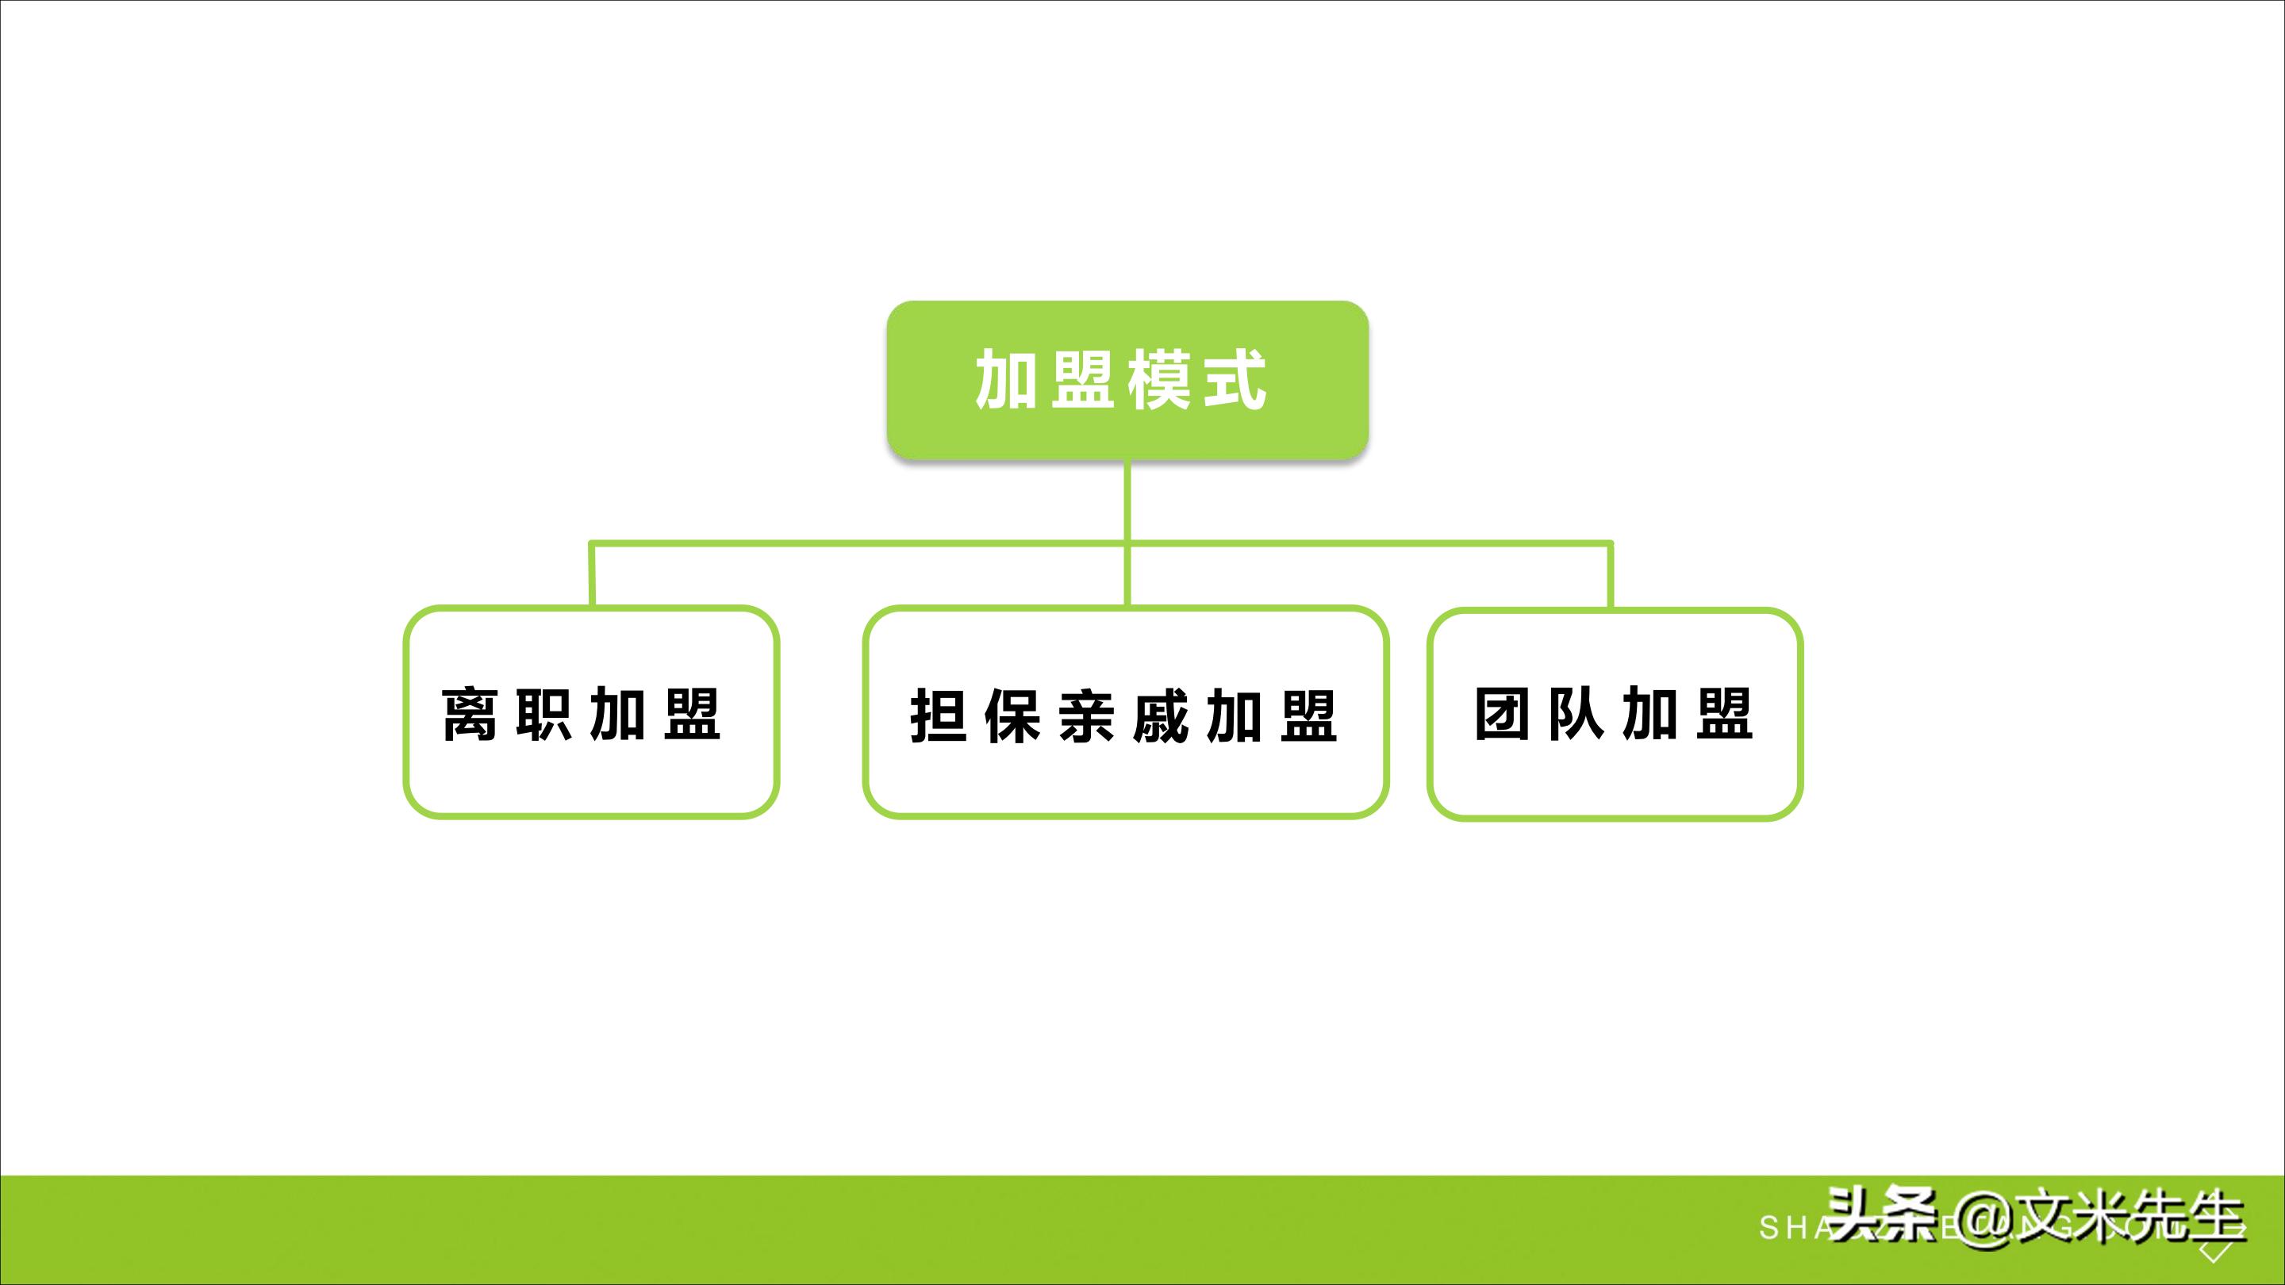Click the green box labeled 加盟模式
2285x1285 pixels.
(x=1127, y=380)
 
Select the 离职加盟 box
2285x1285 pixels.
(x=592, y=712)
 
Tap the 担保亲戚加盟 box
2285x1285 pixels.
(x=1125, y=712)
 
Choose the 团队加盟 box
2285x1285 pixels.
(x=1615, y=714)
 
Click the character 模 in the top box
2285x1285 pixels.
(x=1159, y=380)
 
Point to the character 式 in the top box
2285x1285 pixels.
(x=1235, y=380)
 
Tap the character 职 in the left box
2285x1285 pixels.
(x=543, y=714)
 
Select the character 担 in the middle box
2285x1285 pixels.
(x=938, y=715)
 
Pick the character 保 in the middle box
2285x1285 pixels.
(x=1012, y=715)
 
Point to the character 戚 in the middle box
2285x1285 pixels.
(x=1161, y=715)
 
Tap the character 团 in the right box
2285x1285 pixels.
(x=1502, y=714)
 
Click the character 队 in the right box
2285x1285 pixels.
(x=1576, y=714)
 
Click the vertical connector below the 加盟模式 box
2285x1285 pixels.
(x=1127, y=501)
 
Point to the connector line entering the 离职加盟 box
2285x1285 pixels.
(x=592, y=574)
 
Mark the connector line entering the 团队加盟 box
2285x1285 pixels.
(x=1611, y=574)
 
